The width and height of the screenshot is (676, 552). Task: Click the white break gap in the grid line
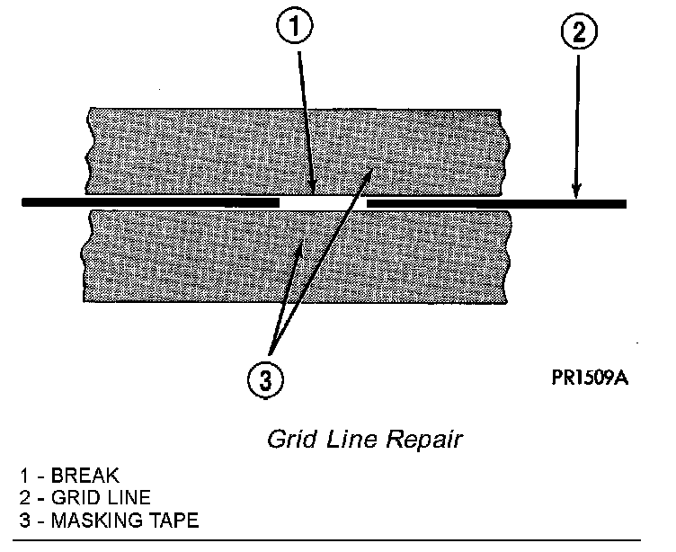(x=323, y=204)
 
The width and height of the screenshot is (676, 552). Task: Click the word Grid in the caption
(x=287, y=441)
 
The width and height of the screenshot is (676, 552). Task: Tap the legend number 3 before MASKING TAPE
(x=21, y=519)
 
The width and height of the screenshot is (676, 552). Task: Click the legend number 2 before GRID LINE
(x=21, y=497)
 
